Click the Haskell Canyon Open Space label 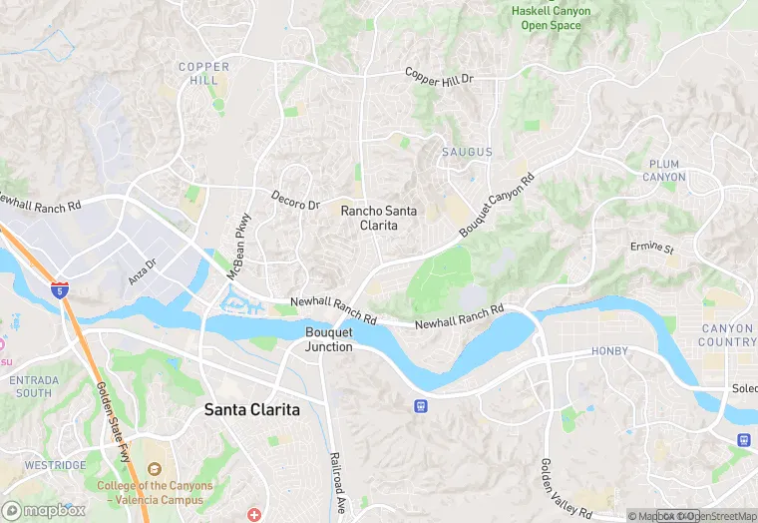click(551, 17)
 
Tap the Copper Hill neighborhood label click(203, 74)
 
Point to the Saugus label click(467, 152)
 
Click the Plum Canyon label click(663, 171)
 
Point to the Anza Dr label click(144, 269)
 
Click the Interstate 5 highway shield click(61, 289)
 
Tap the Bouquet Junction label click(329, 339)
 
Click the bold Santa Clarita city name click(251, 409)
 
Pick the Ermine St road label click(652, 247)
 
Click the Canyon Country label click(728, 335)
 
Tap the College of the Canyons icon click(154, 469)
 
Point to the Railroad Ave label click(336, 482)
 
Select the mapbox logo click(43, 509)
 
